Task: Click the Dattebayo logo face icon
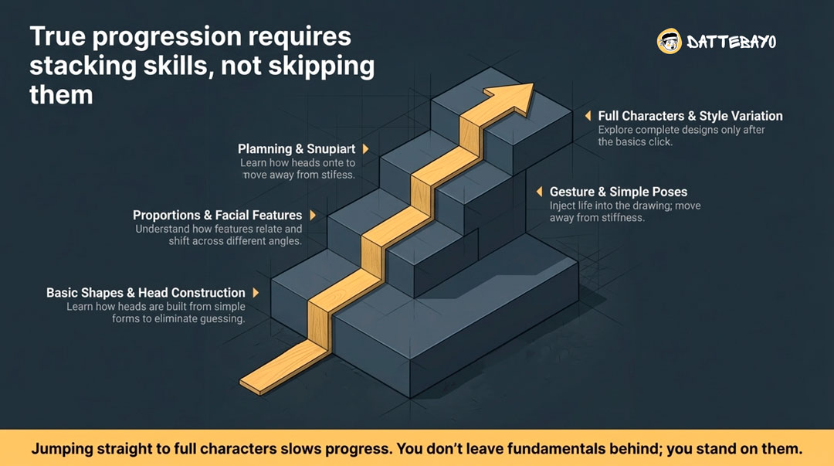pos(669,41)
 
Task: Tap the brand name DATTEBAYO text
pos(731,42)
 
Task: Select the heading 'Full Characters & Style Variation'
pos(690,116)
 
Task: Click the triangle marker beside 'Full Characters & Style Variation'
pos(588,116)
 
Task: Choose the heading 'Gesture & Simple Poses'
pos(618,192)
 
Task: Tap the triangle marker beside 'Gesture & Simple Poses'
pos(539,191)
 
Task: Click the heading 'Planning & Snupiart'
pos(297,149)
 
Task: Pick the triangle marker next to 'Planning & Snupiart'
pos(366,148)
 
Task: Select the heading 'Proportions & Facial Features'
pos(217,215)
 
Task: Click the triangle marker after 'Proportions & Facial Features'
pos(313,215)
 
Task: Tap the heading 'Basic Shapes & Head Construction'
pos(146,292)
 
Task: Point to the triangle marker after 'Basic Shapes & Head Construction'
pos(256,292)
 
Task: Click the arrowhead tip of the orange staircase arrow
pos(533,84)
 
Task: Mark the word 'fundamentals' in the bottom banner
pos(552,448)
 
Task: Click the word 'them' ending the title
pos(61,96)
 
